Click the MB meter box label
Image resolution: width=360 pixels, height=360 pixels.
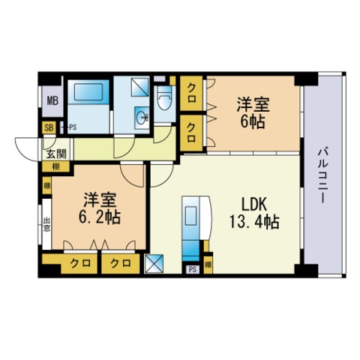(x=52, y=101)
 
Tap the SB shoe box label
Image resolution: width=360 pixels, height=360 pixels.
(x=49, y=127)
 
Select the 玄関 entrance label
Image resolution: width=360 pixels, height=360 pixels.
(x=57, y=154)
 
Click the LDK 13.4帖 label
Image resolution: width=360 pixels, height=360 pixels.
(x=254, y=213)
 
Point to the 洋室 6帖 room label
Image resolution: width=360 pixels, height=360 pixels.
(x=253, y=113)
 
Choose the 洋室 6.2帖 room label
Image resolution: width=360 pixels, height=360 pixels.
(x=100, y=208)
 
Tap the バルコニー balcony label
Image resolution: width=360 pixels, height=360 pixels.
(x=322, y=175)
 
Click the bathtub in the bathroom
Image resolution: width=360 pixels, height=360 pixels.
(x=88, y=92)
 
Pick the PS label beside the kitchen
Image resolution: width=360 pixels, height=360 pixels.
(x=192, y=269)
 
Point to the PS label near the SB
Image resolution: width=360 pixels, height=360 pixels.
(x=73, y=127)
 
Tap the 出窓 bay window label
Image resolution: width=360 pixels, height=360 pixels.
(x=46, y=224)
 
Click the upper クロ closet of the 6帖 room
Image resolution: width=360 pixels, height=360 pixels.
(x=191, y=93)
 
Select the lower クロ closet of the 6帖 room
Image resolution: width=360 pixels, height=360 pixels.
(x=191, y=133)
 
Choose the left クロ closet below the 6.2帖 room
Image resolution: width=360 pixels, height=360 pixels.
(x=80, y=263)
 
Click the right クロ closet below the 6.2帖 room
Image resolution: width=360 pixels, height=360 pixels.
(x=121, y=263)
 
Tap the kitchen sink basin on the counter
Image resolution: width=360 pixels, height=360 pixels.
(x=190, y=215)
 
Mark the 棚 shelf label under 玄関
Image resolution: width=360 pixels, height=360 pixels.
(x=55, y=166)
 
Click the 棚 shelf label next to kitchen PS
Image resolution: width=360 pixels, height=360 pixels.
(x=208, y=265)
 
